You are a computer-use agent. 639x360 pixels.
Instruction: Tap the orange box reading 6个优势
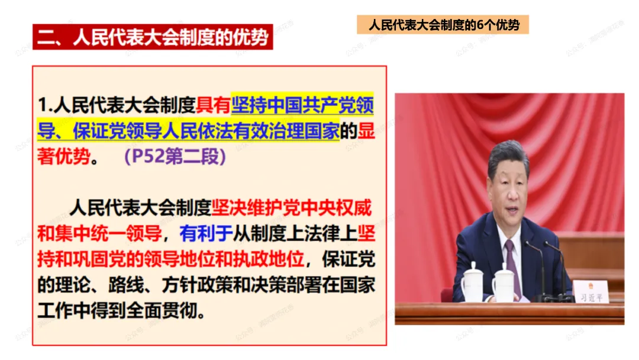coord(443,25)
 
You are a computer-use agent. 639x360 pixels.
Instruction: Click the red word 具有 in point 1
coord(213,106)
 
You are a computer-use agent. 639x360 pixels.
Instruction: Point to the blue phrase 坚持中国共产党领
coord(302,106)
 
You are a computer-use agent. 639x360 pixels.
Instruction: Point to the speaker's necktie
coord(512,263)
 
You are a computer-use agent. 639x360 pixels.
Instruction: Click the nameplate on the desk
coord(589,292)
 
